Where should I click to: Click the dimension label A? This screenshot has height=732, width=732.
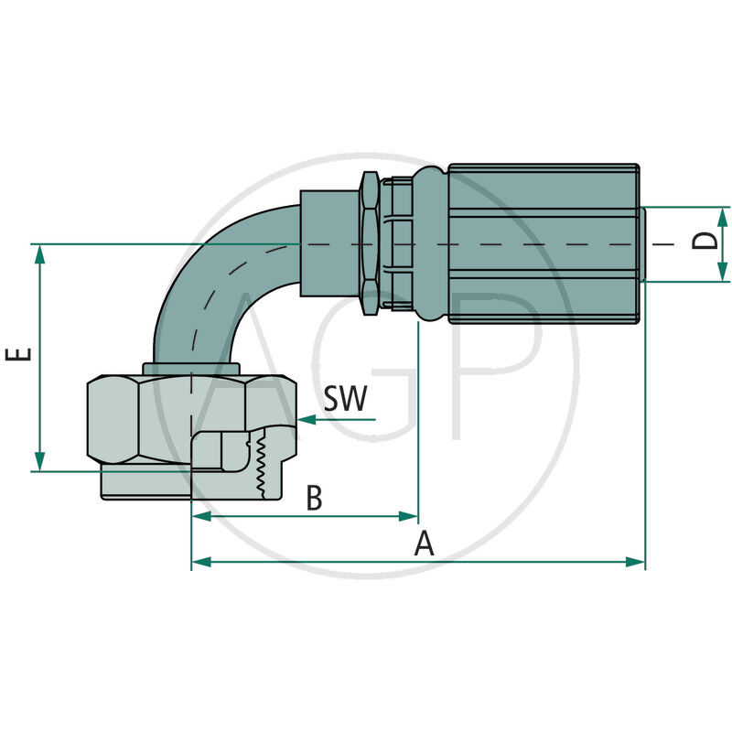click(x=423, y=544)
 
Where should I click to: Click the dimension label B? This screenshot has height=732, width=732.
click(x=314, y=499)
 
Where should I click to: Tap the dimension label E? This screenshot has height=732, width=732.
click(x=20, y=354)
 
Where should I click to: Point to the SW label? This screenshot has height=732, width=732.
click(x=345, y=398)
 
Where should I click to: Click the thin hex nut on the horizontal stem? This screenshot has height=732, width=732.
click(x=370, y=243)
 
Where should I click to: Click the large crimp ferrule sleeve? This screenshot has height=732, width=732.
click(x=544, y=243)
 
